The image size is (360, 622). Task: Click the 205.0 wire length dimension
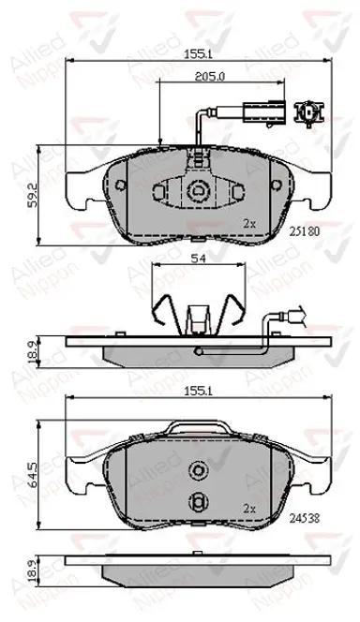pyautogui.click(x=210, y=77)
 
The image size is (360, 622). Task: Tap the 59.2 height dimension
pyautogui.click(x=34, y=195)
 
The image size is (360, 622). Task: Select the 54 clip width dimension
pyautogui.click(x=198, y=259)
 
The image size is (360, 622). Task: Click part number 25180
pyautogui.click(x=305, y=231)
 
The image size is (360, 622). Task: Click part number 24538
pyautogui.click(x=305, y=518)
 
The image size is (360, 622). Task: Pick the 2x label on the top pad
pyautogui.click(x=249, y=224)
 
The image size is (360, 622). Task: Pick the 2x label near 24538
pyautogui.click(x=249, y=509)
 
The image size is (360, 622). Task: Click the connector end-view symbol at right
pyautogui.click(x=308, y=112)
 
